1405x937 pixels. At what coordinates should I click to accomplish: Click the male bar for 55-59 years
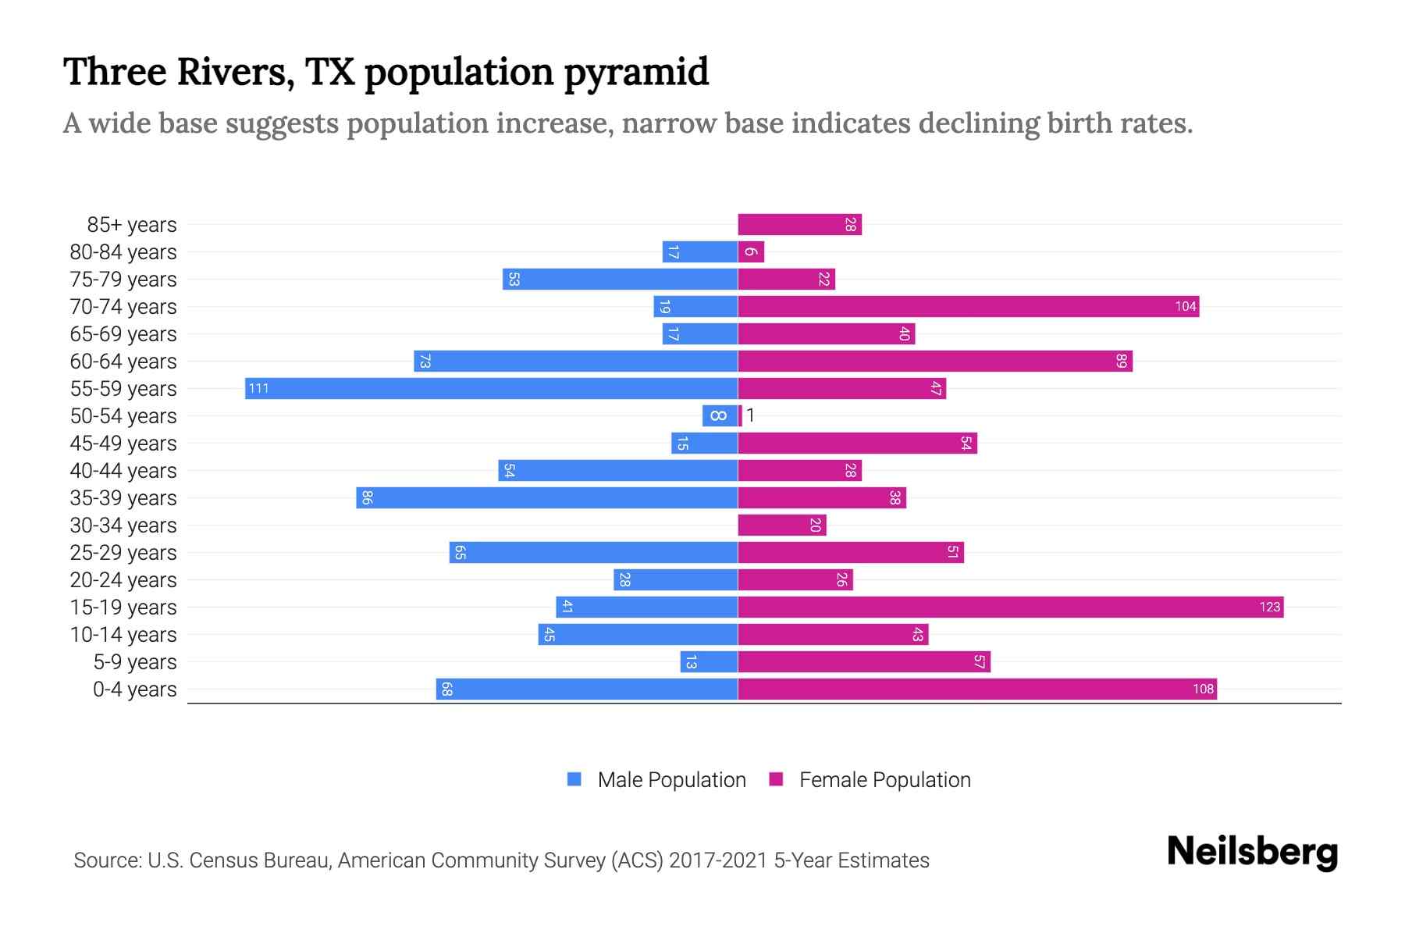[x=491, y=388]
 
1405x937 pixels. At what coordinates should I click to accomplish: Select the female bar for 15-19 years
[x=1010, y=607]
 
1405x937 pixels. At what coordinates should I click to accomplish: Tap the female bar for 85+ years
[x=799, y=224]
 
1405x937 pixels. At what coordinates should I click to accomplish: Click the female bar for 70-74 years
[x=968, y=306]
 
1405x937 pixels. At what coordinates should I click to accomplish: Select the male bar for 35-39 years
[x=546, y=497]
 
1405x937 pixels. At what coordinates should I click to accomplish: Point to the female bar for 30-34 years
[x=781, y=525]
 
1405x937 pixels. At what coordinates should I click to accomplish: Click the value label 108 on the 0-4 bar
[x=1203, y=689]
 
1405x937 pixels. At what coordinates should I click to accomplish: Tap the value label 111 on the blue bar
[x=258, y=388]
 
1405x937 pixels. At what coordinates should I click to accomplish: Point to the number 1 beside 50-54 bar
[x=750, y=415]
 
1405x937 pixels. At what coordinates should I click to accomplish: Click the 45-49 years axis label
[x=123, y=443]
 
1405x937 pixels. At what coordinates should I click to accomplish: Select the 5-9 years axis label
[x=135, y=661]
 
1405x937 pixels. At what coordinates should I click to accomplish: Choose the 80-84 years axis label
[x=123, y=251]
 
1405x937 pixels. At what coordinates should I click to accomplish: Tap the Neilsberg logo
[x=1252, y=851]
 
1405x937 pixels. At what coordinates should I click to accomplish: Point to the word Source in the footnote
[x=107, y=860]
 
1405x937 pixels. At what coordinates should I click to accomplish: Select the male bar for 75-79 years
[x=620, y=279]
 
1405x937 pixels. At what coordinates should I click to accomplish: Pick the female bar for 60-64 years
[x=934, y=361]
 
